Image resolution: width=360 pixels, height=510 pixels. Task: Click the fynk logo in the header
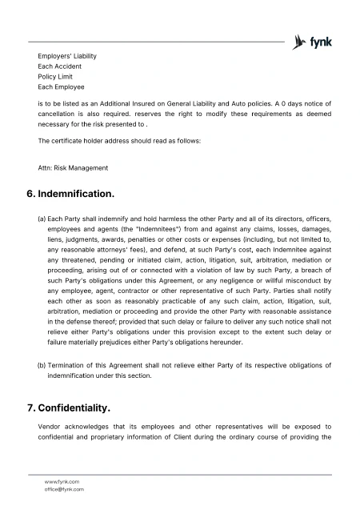click(x=313, y=42)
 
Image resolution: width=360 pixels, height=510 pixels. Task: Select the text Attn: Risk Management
click(x=73, y=168)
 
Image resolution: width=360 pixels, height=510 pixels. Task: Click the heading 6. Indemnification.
click(x=71, y=195)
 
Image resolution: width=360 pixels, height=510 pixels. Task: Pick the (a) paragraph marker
click(x=42, y=218)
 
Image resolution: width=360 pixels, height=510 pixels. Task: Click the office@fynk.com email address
click(x=64, y=489)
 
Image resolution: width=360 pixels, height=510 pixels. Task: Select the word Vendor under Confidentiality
click(x=50, y=428)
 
